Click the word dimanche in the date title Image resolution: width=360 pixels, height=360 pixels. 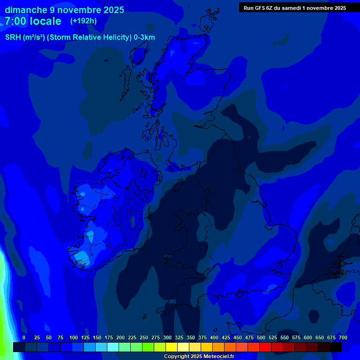(x=26, y=10)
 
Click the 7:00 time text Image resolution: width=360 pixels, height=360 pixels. (x=15, y=21)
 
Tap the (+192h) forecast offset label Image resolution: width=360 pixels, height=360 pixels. (x=83, y=21)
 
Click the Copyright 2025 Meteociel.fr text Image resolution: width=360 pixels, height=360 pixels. (x=199, y=356)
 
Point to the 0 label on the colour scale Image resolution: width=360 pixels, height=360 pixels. (x=24, y=337)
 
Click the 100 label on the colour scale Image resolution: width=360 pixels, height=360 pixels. (x=74, y=337)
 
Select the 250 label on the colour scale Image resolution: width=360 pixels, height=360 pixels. (x=144, y=337)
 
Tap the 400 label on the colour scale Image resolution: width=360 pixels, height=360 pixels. (x=214, y=337)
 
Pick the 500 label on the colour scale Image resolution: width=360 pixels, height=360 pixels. (x=261, y=337)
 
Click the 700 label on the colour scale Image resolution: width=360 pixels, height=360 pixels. (x=343, y=337)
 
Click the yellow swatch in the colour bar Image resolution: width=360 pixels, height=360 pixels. (x=172, y=347)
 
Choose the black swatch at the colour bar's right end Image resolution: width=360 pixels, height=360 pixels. (x=336, y=347)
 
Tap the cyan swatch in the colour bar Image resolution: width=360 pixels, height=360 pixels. (x=113, y=347)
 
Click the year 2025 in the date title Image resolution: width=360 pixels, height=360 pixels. (x=112, y=10)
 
